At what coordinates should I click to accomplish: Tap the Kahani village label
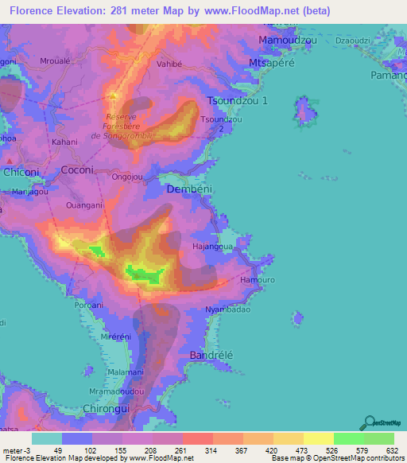[64, 142]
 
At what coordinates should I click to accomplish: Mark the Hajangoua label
[212, 247]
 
